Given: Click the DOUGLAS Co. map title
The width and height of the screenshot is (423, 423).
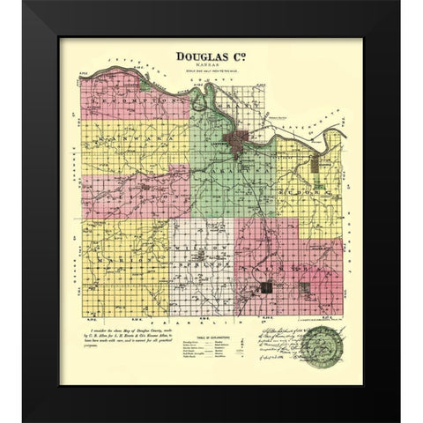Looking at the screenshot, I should [213, 55].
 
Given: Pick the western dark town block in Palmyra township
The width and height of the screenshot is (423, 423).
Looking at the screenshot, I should [268, 286].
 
